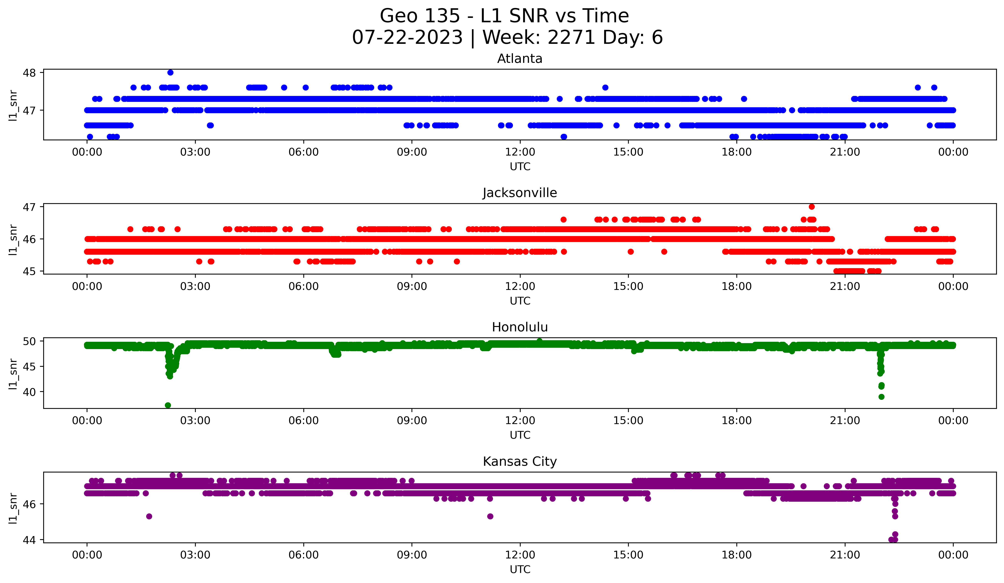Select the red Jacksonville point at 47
(811, 207)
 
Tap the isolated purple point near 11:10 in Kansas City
(490, 516)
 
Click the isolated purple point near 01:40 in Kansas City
(149, 516)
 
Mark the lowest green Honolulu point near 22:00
(881, 397)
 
